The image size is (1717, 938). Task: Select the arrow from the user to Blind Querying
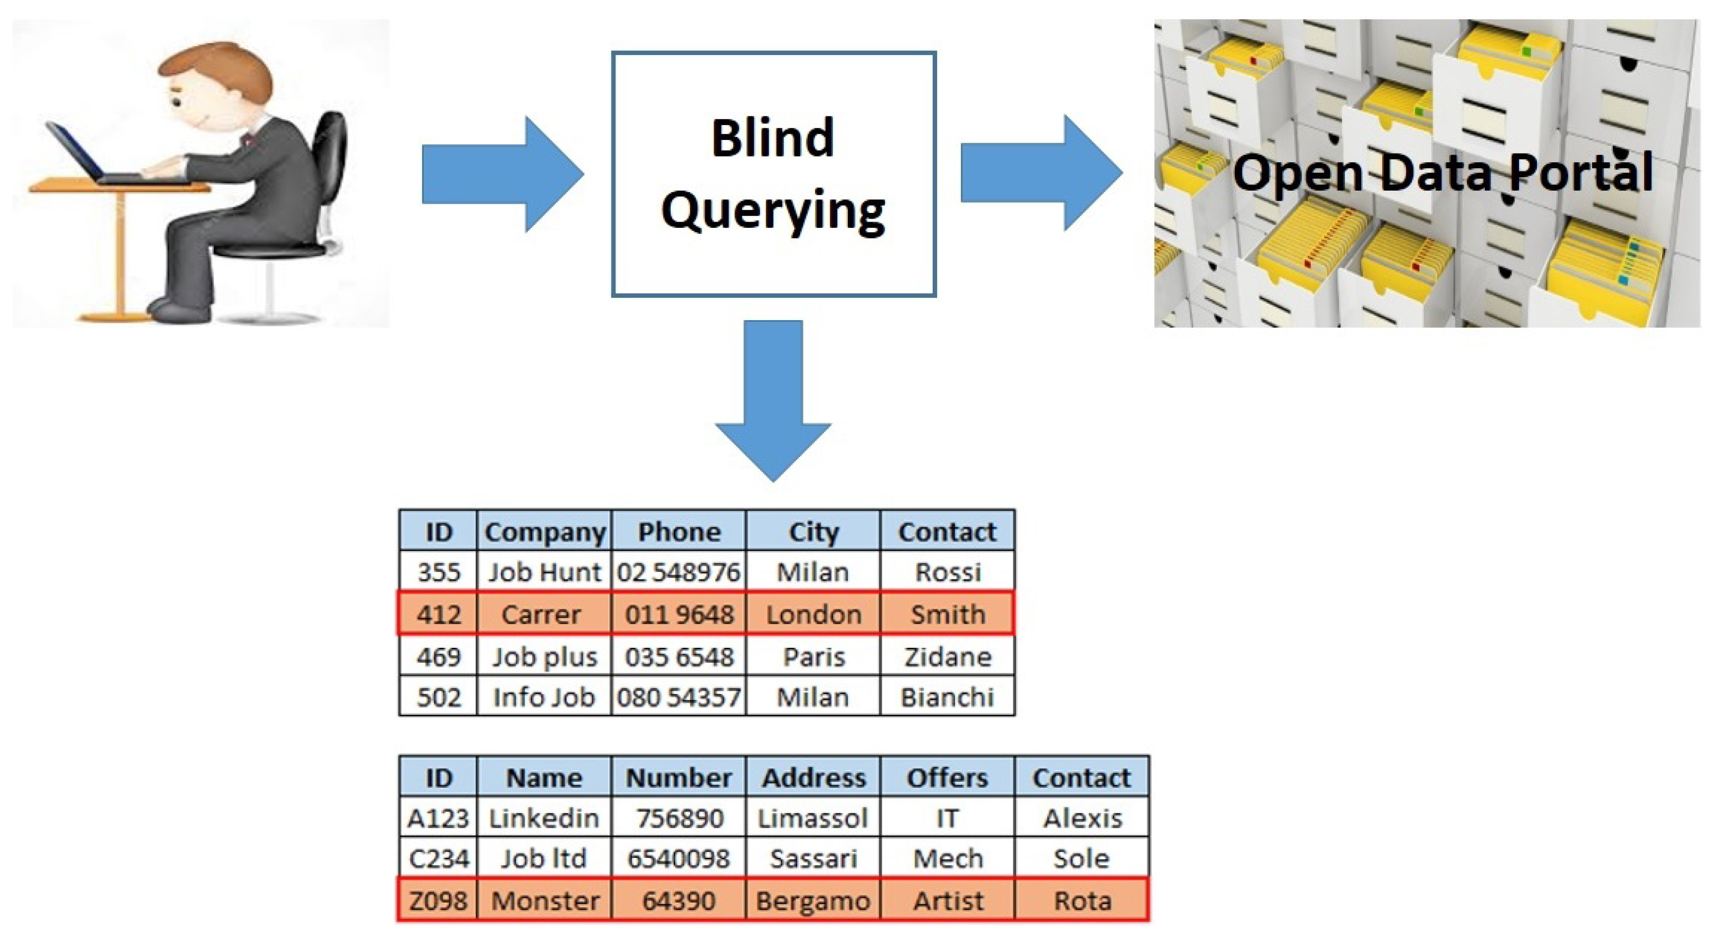[503, 175]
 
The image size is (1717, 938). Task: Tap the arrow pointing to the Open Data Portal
[1042, 173]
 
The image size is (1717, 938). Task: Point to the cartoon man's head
[217, 87]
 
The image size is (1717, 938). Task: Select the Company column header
[544, 532]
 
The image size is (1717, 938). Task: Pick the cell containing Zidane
[948, 656]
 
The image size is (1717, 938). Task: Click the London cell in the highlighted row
[813, 613]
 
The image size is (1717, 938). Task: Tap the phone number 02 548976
[678, 571]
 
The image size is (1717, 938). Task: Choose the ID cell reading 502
[439, 697]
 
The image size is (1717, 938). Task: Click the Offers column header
[948, 777]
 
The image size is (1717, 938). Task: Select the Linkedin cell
[544, 817]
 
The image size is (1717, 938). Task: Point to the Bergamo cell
[813, 900]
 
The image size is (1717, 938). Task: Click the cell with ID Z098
[439, 900]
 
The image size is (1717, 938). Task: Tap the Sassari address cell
[813, 858]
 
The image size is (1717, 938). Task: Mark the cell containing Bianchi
[948, 697]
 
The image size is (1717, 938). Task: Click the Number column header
[678, 777]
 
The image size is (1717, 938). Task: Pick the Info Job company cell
[544, 697]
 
